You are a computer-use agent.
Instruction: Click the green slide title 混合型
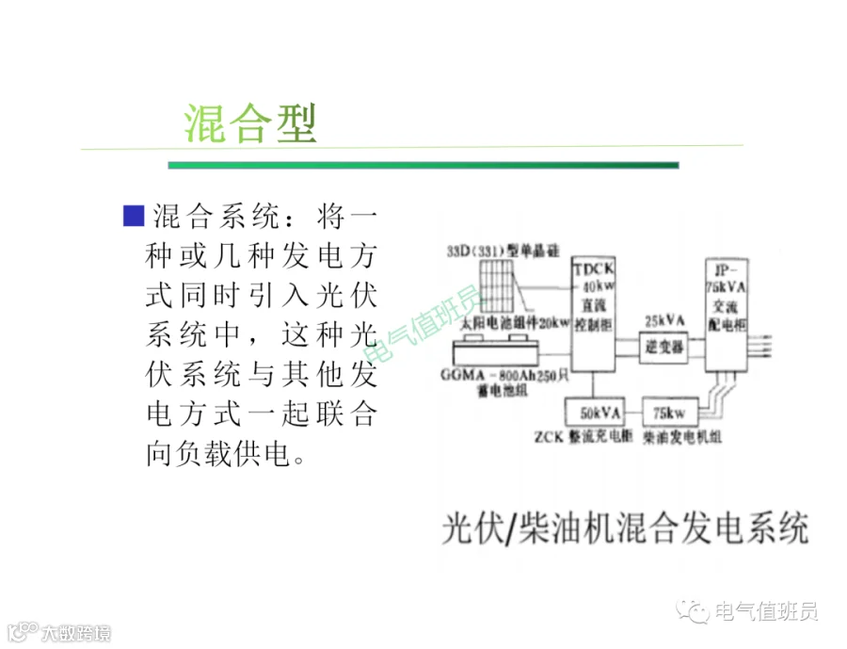click(x=250, y=122)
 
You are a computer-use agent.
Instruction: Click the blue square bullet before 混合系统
click(x=133, y=215)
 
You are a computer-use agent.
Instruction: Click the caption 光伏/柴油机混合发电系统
click(x=625, y=527)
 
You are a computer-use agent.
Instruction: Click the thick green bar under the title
click(x=423, y=165)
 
